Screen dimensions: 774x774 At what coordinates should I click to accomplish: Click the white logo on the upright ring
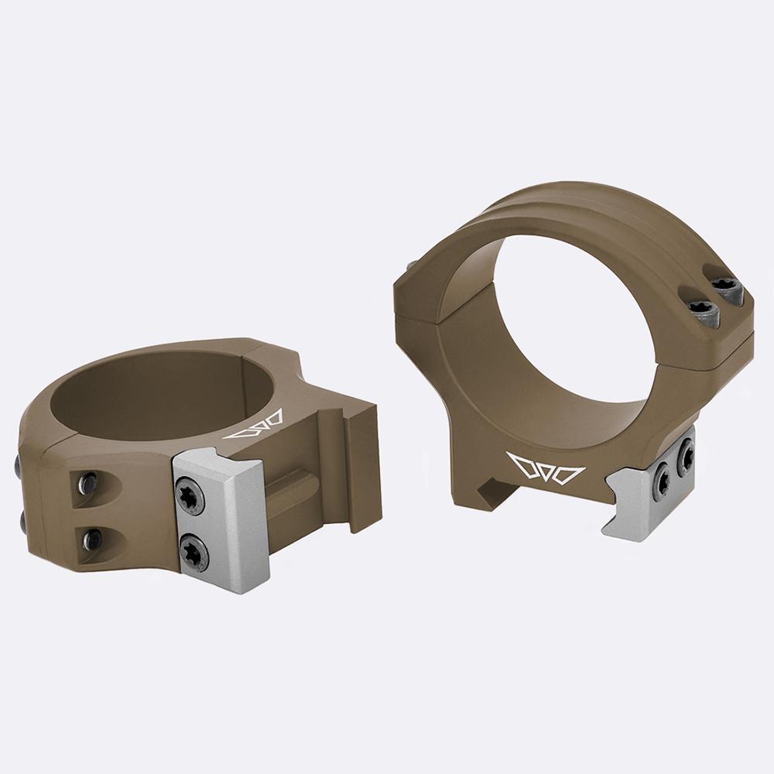pyautogui.click(x=546, y=467)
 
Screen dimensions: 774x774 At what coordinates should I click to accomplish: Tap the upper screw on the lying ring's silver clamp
pyautogui.click(x=190, y=495)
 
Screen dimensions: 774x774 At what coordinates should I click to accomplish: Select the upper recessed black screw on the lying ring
pyautogui.click(x=89, y=484)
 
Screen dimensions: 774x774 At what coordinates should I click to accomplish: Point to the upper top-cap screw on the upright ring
pyautogui.click(x=728, y=289)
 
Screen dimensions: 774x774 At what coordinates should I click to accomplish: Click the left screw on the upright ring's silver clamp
pyautogui.click(x=663, y=481)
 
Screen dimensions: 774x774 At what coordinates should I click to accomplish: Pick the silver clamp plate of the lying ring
pyautogui.click(x=221, y=519)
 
